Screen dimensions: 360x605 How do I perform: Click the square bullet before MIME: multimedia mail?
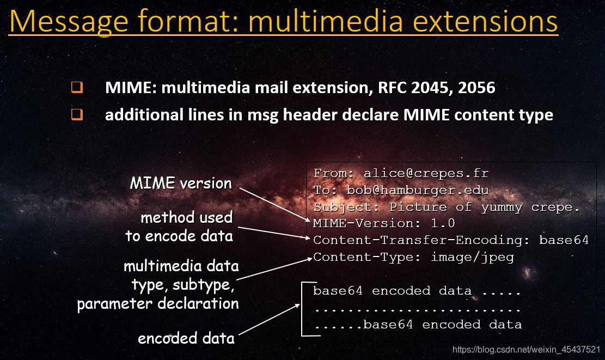[77, 87]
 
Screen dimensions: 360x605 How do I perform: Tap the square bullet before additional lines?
[77, 115]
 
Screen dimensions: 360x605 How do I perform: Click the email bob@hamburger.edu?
[418, 190]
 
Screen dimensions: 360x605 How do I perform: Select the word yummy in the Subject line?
[502, 207]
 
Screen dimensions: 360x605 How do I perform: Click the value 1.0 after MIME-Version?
[442, 223]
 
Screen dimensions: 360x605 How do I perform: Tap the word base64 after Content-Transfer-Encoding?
[564, 240]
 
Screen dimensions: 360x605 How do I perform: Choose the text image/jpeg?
[472, 257]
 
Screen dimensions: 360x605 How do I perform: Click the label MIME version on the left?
[181, 183]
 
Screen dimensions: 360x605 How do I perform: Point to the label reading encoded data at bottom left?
[186, 338]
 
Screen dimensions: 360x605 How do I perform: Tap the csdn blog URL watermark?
[526, 349]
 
